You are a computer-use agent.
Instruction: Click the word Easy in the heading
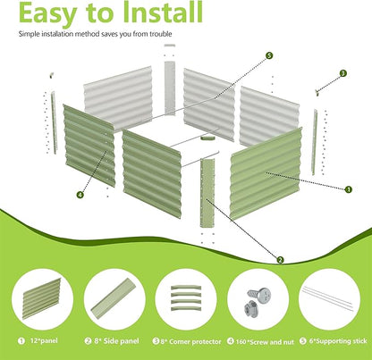(48, 13)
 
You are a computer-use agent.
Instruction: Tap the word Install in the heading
(163, 12)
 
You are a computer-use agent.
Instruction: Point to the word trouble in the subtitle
(161, 34)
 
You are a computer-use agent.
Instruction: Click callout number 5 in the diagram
(269, 55)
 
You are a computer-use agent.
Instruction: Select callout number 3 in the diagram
(343, 73)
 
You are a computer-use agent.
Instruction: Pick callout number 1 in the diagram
(348, 189)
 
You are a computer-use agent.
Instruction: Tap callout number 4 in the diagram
(80, 195)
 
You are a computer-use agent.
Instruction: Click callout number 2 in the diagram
(280, 260)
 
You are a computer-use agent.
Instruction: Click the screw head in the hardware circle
(263, 295)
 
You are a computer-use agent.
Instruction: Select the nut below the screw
(250, 307)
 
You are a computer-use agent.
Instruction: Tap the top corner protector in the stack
(186, 288)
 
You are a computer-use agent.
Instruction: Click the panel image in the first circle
(42, 298)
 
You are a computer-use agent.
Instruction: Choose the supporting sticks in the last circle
(328, 298)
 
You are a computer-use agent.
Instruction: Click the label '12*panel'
(44, 340)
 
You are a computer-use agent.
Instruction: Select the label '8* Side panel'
(116, 341)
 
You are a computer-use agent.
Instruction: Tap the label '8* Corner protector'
(190, 341)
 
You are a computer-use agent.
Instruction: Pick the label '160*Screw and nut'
(265, 342)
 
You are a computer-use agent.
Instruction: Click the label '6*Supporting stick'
(338, 341)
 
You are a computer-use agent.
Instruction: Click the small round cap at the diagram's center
(207, 138)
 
